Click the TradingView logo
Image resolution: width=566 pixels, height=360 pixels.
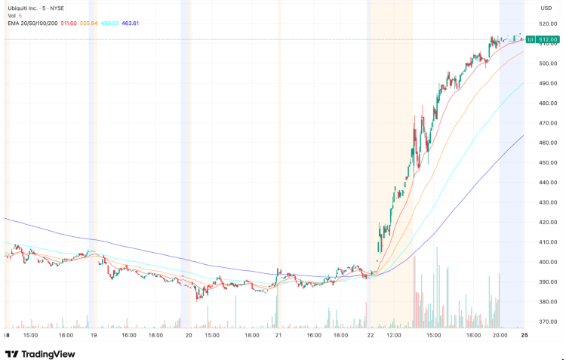click(x=38, y=353)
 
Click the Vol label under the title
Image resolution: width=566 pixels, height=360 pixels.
click(x=13, y=16)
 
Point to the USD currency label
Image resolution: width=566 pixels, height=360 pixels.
click(x=546, y=8)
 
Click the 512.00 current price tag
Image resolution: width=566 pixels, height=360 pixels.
click(x=548, y=39)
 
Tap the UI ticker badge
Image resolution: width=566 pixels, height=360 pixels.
click(x=531, y=39)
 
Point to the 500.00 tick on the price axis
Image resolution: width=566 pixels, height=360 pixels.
click(x=547, y=63)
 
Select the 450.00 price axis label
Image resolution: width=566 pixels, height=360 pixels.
click(x=547, y=162)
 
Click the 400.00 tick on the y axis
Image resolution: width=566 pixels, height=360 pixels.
click(x=547, y=262)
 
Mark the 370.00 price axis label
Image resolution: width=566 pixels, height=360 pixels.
click(x=547, y=322)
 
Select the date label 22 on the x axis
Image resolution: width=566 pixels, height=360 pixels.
click(x=371, y=334)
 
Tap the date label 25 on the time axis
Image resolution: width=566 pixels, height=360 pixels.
click(x=525, y=334)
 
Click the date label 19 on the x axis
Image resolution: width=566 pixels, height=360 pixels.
click(x=94, y=334)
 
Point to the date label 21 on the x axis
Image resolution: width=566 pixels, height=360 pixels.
click(x=278, y=334)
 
